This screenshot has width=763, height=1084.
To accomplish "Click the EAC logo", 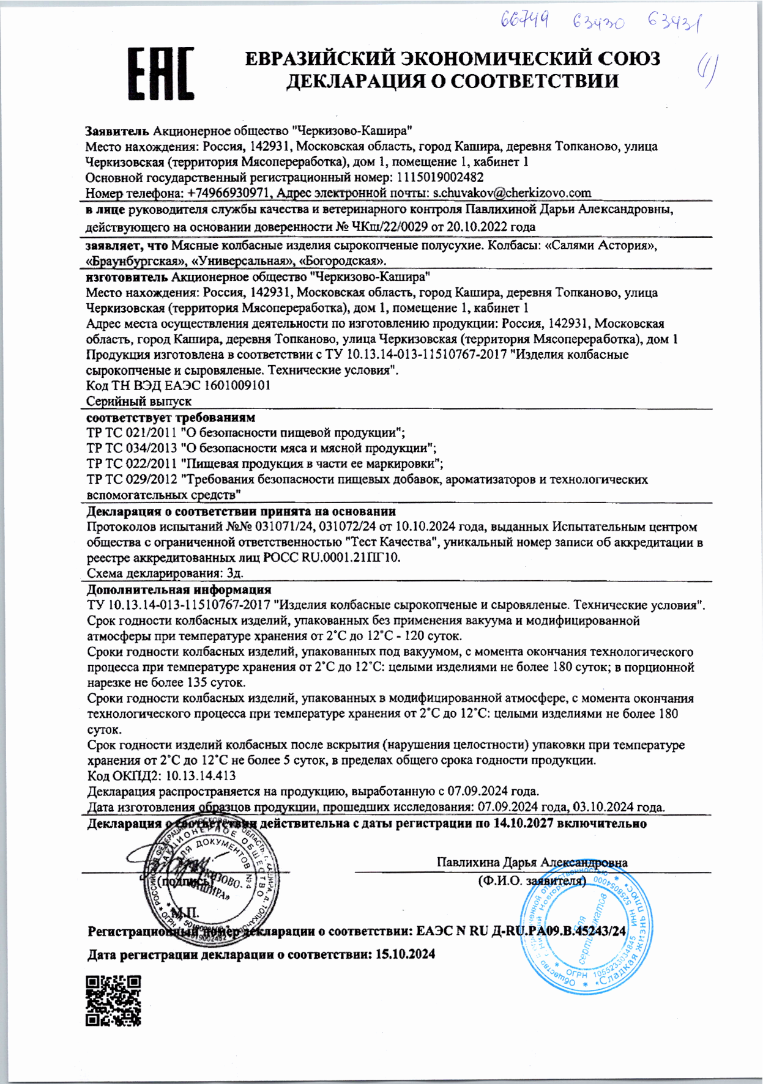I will pos(161,74).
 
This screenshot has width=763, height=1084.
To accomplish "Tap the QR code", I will pos(113,1000).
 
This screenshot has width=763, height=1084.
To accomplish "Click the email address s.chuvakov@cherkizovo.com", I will pos(512,193).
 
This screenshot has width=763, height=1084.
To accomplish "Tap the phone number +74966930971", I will pos(228,193).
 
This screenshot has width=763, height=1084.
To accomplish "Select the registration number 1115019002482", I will pos(440,177).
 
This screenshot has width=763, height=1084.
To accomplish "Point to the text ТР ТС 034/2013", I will pos(132,448).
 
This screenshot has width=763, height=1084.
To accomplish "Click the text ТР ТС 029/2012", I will pos(132,479).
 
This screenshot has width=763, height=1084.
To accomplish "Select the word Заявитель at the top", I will pos(117,130).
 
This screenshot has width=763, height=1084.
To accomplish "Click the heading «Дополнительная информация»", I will pos(179,589).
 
